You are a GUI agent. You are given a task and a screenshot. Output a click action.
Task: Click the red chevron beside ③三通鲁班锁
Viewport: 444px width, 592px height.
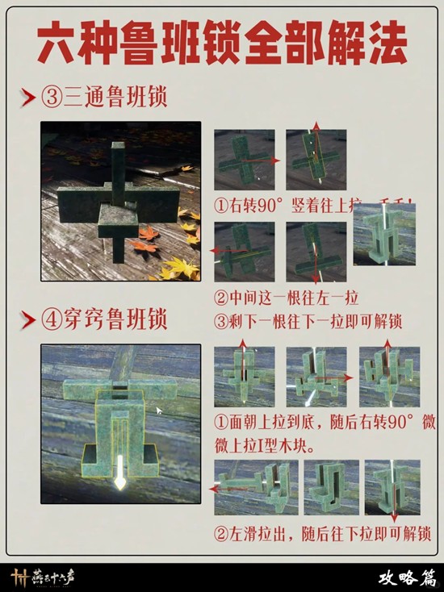click(27, 99)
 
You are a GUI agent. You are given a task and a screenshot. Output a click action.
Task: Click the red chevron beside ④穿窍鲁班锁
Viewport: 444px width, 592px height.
click(27, 320)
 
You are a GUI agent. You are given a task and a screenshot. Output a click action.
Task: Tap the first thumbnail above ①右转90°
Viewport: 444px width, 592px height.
click(244, 159)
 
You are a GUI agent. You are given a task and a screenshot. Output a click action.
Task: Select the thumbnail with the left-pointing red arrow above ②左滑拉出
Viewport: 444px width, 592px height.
click(245, 488)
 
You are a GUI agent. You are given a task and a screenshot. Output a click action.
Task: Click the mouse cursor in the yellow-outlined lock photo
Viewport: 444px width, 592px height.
click(158, 410)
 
